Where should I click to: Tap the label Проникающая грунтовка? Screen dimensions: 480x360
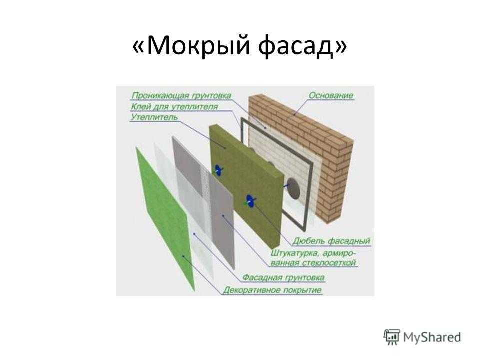pyautogui.click(x=181, y=96)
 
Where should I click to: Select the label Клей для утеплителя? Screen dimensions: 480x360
pyautogui.click(x=174, y=107)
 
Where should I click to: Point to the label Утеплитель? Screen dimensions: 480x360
pyautogui.click(x=154, y=117)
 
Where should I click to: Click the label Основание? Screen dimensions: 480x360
pyautogui.click(x=331, y=96)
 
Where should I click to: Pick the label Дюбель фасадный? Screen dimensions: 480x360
pyautogui.click(x=331, y=241)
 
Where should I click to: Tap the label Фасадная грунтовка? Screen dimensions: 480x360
pyautogui.click(x=283, y=277)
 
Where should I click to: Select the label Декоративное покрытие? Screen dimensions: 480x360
pyautogui.click(x=272, y=290)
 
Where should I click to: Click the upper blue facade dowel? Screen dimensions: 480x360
pyautogui.click(x=218, y=170)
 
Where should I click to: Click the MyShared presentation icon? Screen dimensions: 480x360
pyautogui.click(x=392, y=337)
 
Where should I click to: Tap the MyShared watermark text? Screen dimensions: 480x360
pyautogui.click(x=432, y=338)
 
